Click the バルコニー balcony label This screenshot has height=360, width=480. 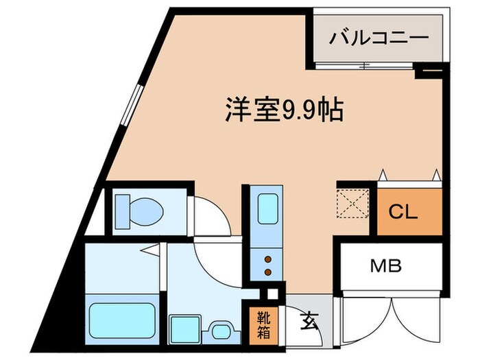click(x=379, y=37)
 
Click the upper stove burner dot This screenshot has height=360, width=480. click(x=267, y=259)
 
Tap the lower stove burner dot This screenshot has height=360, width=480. click(x=267, y=272)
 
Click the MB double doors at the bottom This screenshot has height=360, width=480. click(x=389, y=322)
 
